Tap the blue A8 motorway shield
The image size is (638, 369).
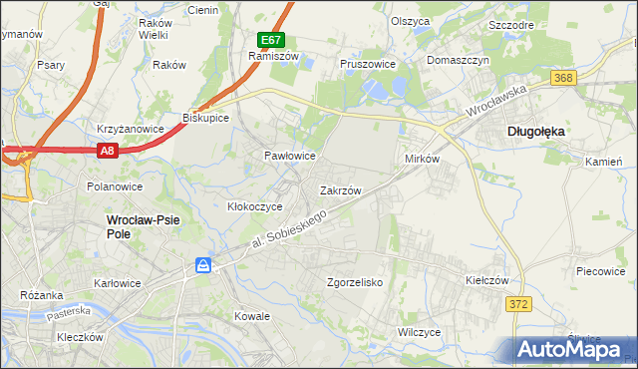click(109, 151)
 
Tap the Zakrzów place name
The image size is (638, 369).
click(340, 189)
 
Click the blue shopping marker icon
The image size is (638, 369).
click(203, 265)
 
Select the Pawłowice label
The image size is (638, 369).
click(289, 157)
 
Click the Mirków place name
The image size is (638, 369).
click(422, 160)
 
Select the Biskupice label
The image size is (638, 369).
click(206, 118)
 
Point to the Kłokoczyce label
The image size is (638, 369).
click(255, 206)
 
